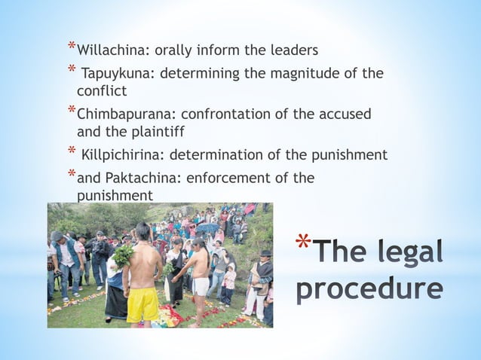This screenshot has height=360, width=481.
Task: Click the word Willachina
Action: [x=109, y=51]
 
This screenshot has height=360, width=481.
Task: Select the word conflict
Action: [x=101, y=91]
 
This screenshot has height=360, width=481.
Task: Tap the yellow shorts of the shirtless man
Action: [x=142, y=304]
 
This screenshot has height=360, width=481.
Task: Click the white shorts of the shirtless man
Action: [x=200, y=286]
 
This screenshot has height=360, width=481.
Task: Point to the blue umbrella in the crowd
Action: [x=207, y=227]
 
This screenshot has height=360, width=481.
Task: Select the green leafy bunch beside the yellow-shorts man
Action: [x=122, y=256]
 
